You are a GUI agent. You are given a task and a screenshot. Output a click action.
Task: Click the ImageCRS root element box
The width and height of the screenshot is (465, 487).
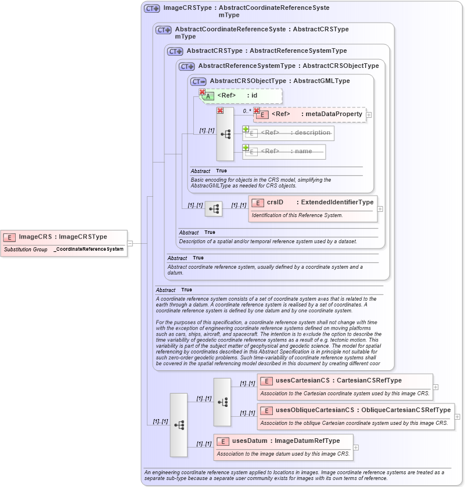click(63, 237)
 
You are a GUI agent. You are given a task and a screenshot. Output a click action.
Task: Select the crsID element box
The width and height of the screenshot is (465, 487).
click(313, 202)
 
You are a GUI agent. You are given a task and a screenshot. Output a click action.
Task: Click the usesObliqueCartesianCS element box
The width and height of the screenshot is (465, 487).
click(355, 410)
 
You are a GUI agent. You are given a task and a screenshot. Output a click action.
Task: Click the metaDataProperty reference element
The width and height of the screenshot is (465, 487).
click(310, 114)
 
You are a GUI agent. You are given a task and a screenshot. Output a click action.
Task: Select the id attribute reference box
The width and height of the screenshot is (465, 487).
click(241, 96)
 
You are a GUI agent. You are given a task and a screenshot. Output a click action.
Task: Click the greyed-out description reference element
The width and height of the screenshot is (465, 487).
click(289, 133)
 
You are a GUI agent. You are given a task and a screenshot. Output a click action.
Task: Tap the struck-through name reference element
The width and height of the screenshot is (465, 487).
click(284, 151)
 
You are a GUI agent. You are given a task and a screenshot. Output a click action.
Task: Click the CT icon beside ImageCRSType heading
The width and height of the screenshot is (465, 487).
click(152, 8)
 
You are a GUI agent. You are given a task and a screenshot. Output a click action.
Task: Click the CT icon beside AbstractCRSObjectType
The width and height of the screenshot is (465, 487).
click(199, 81)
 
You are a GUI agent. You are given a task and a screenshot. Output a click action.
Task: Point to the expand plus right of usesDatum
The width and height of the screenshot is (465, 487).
click(356, 447)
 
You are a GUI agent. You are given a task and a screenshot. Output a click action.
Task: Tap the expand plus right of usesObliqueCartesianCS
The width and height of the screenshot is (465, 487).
click(457, 416)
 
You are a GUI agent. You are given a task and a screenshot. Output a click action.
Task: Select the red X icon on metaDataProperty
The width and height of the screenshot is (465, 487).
click(257, 110)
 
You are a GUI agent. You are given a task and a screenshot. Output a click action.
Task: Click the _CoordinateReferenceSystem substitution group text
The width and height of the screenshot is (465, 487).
click(88, 249)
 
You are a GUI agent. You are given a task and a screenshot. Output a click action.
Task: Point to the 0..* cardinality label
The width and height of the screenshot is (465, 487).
click(247, 111)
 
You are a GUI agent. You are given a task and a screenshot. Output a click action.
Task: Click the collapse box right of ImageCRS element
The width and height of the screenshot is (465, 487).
click(130, 243)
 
